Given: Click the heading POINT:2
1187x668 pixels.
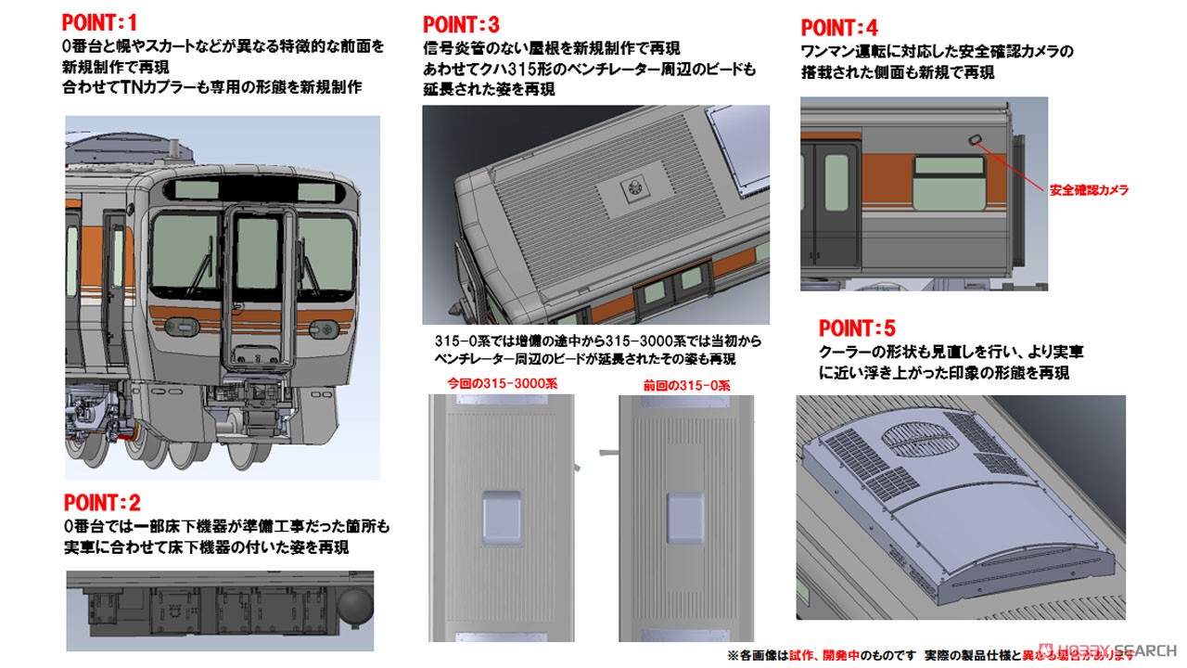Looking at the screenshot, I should (102, 503).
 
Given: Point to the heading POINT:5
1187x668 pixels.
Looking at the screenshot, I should (857, 328).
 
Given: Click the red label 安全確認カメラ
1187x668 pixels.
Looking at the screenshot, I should (1089, 189).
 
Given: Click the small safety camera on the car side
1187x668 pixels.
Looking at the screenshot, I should (976, 139).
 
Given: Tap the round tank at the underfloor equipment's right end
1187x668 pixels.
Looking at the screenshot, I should (353, 608).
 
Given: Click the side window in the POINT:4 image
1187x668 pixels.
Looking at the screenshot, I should (948, 184).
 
